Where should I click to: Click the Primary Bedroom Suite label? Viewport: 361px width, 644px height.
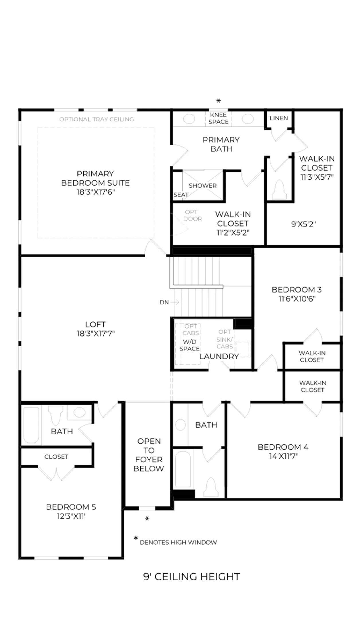[95, 178]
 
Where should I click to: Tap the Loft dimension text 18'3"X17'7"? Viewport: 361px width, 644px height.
[95, 333]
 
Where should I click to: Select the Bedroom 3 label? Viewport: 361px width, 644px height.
[297, 290]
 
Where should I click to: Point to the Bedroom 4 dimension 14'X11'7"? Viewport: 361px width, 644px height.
[284, 456]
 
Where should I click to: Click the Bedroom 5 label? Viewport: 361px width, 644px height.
[71, 507]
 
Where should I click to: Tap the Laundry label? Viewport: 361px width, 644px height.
[219, 356]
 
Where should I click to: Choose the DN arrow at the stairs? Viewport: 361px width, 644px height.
[174, 302]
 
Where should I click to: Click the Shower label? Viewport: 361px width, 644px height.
[203, 186]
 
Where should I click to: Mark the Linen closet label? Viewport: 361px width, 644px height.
[279, 118]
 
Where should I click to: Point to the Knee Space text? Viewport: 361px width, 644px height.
[218, 118]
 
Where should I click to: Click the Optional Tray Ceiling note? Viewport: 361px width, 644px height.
[97, 119]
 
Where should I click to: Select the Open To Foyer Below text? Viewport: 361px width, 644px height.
[149, 455]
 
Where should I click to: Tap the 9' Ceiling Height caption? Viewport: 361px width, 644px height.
[192, 576]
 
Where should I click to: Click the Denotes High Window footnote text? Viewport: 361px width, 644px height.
[178, 542]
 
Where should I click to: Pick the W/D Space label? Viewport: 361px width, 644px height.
[189, 345]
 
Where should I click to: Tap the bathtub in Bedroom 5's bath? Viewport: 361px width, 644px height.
[31, 425]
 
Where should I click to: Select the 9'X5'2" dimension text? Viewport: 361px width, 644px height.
[303, 224]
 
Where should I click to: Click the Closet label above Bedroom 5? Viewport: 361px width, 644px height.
[56, 457]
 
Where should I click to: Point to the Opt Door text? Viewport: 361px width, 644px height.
[193, 215]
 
